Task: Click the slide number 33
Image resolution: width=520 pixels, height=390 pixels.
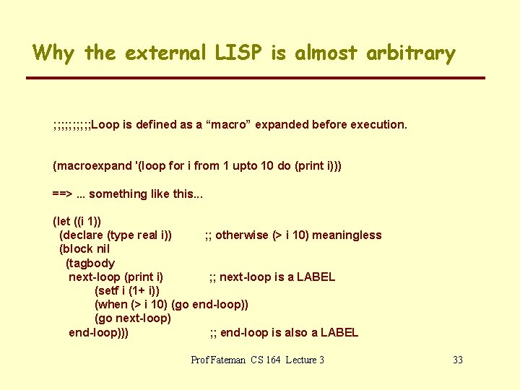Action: (x=457, y=360)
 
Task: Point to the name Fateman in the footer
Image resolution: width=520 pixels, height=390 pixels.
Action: (x=230, y=360)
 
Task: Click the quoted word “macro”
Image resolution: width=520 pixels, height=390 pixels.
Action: (x=230, y=124)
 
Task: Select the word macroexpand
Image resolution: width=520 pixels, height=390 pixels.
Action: (x=92, y=165)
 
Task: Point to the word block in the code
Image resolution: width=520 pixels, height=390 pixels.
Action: (x=78, y=249)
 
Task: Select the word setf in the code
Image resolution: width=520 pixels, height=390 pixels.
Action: (x=110, y=290)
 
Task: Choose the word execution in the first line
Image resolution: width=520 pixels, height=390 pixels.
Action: (x=381, y=124)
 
